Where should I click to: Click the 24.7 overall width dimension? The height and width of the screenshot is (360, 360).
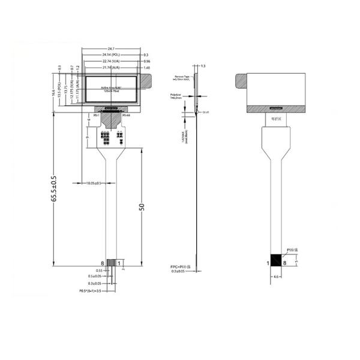click(111, 49)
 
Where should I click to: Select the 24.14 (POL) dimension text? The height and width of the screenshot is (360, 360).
click(111, 55)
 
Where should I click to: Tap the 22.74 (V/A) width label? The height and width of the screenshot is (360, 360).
click(111, 61)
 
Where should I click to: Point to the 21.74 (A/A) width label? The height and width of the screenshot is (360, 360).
click(111, 67)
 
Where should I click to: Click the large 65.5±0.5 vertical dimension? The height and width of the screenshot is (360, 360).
click(54, 188)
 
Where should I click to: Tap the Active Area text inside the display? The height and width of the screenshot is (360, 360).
click(111, 87)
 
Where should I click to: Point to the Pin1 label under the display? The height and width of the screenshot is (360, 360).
click(96, 116)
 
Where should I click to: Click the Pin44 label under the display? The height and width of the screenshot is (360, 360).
click(126, 116)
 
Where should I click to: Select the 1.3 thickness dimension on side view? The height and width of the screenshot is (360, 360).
click(203, 65)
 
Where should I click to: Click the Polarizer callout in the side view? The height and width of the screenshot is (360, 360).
click(176, 96)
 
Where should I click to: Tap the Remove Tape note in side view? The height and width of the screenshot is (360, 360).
click(182, 78)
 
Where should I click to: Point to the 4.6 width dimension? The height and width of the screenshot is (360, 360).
click(276, 277)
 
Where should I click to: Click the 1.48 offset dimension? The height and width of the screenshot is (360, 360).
click(146, 67)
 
